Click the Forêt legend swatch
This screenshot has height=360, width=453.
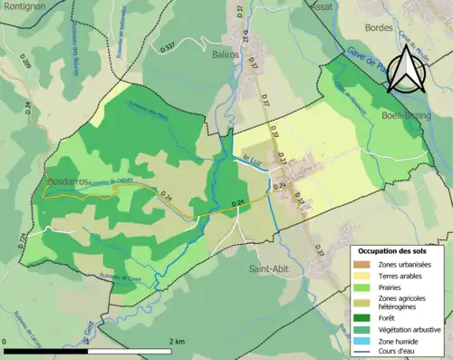pos(362,317)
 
